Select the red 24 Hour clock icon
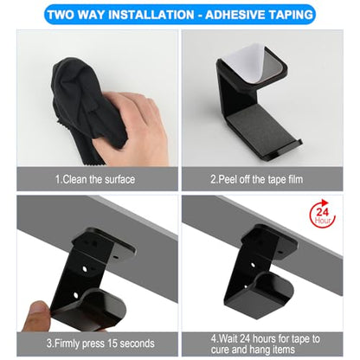pos(323,215)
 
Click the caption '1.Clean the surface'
pos(95,179)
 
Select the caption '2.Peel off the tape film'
pos(257,179)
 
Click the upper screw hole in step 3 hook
pos(85,269)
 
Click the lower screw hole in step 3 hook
pos(76,295)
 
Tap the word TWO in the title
pos(61,15)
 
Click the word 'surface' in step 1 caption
pos(119,179)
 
